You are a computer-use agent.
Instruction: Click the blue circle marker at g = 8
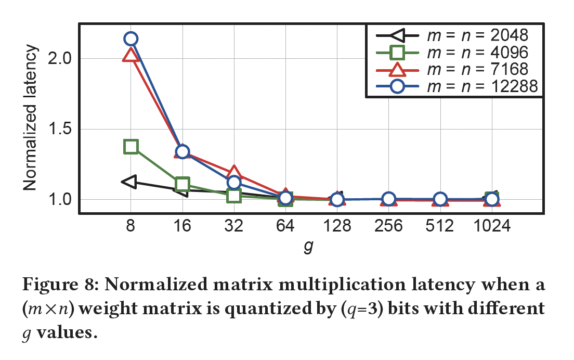[131, 38]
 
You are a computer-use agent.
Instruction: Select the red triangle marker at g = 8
[131, 55]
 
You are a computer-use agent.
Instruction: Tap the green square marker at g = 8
[131, 147]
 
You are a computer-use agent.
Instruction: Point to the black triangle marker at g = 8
[129, 182]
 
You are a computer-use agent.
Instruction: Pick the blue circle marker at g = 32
[234, 182]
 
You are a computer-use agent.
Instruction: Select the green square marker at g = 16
[182, 184]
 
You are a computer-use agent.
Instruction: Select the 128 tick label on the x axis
[337, 226]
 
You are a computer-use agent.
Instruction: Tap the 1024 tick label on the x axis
[492, 226]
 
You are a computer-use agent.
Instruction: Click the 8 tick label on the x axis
[131, 226]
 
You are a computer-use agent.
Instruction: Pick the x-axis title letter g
[308, 248]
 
